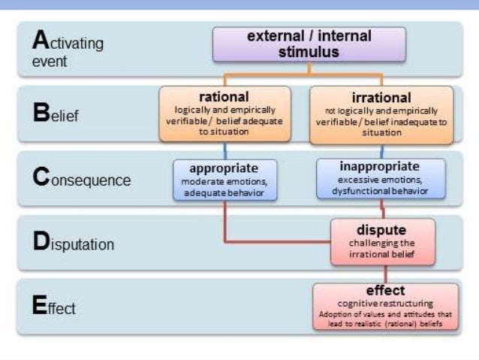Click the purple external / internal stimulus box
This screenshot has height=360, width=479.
click(x=309, y=44)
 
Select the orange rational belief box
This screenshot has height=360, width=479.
click(x=224, y=113)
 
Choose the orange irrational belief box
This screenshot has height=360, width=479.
click(x=381, y=114)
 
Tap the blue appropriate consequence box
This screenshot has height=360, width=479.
click(x=224, y=179)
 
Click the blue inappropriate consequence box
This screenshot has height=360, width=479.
click(x=380, y=179)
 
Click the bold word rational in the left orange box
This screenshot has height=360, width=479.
click(x=224, y=97)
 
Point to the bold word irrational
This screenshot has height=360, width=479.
click(x=381, y=98)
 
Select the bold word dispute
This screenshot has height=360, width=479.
click(x=382, y=229)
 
